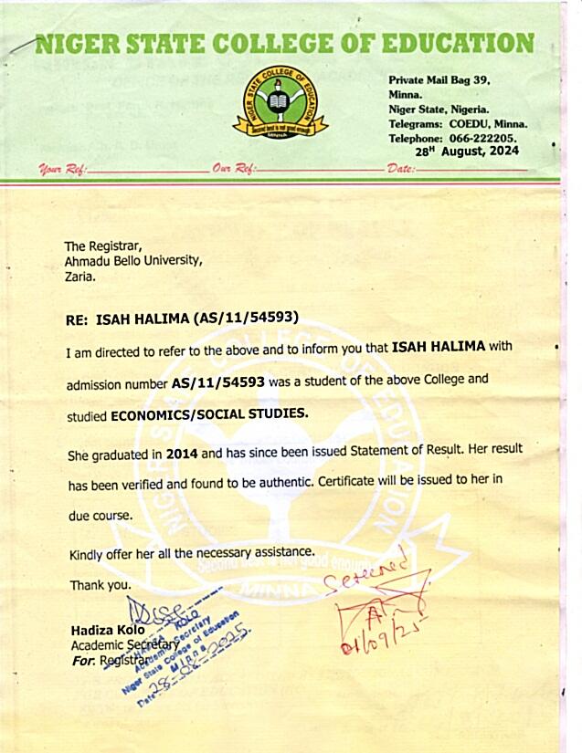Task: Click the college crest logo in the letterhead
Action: [x=280, y=102]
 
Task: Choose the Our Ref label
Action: [x=232, y=170]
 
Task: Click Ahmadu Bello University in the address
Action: [x=132, y=261]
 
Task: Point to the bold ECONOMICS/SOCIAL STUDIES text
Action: [x=209, y=414]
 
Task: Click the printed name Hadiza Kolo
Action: [x=107, y=631]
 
